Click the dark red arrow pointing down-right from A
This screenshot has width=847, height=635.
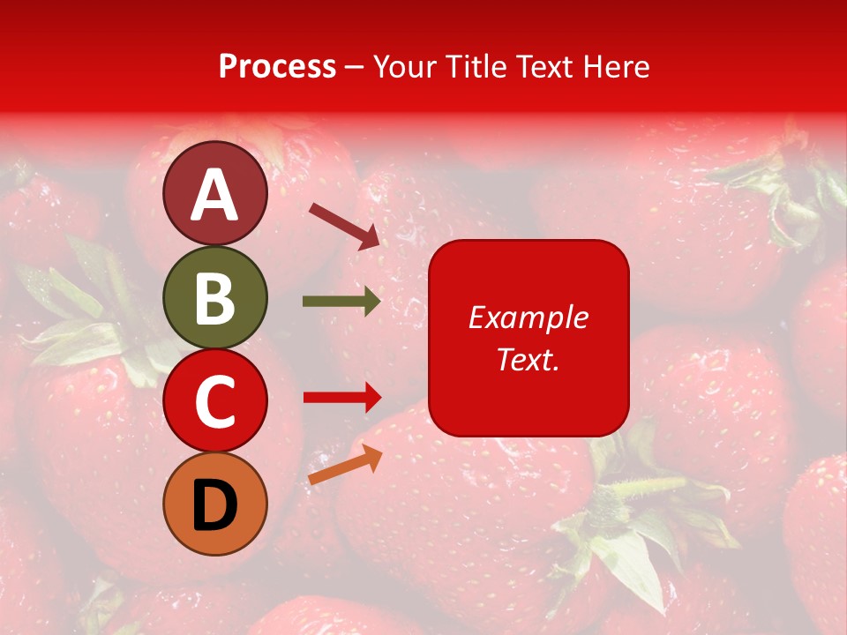click(345, 224)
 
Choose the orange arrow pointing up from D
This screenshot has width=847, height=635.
click(345, 465)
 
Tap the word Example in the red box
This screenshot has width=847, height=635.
click(528, 317)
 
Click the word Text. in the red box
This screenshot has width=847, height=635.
click(528, 359)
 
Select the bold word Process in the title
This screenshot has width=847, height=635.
click(277, 67)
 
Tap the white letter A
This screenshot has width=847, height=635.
click(215, 196)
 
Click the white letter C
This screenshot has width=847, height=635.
click(215, 402)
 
